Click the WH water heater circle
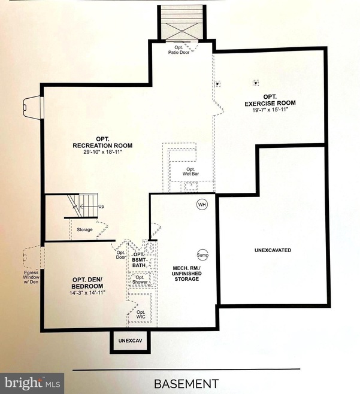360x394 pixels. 202,205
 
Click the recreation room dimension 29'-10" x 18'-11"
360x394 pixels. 102,152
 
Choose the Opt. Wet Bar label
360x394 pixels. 190,172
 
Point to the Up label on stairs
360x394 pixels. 101,207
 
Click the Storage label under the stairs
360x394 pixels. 84,229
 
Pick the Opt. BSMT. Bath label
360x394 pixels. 140,259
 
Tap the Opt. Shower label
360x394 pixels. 140,280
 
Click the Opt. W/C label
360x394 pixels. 141,315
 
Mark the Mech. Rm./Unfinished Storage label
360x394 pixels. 179,274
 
